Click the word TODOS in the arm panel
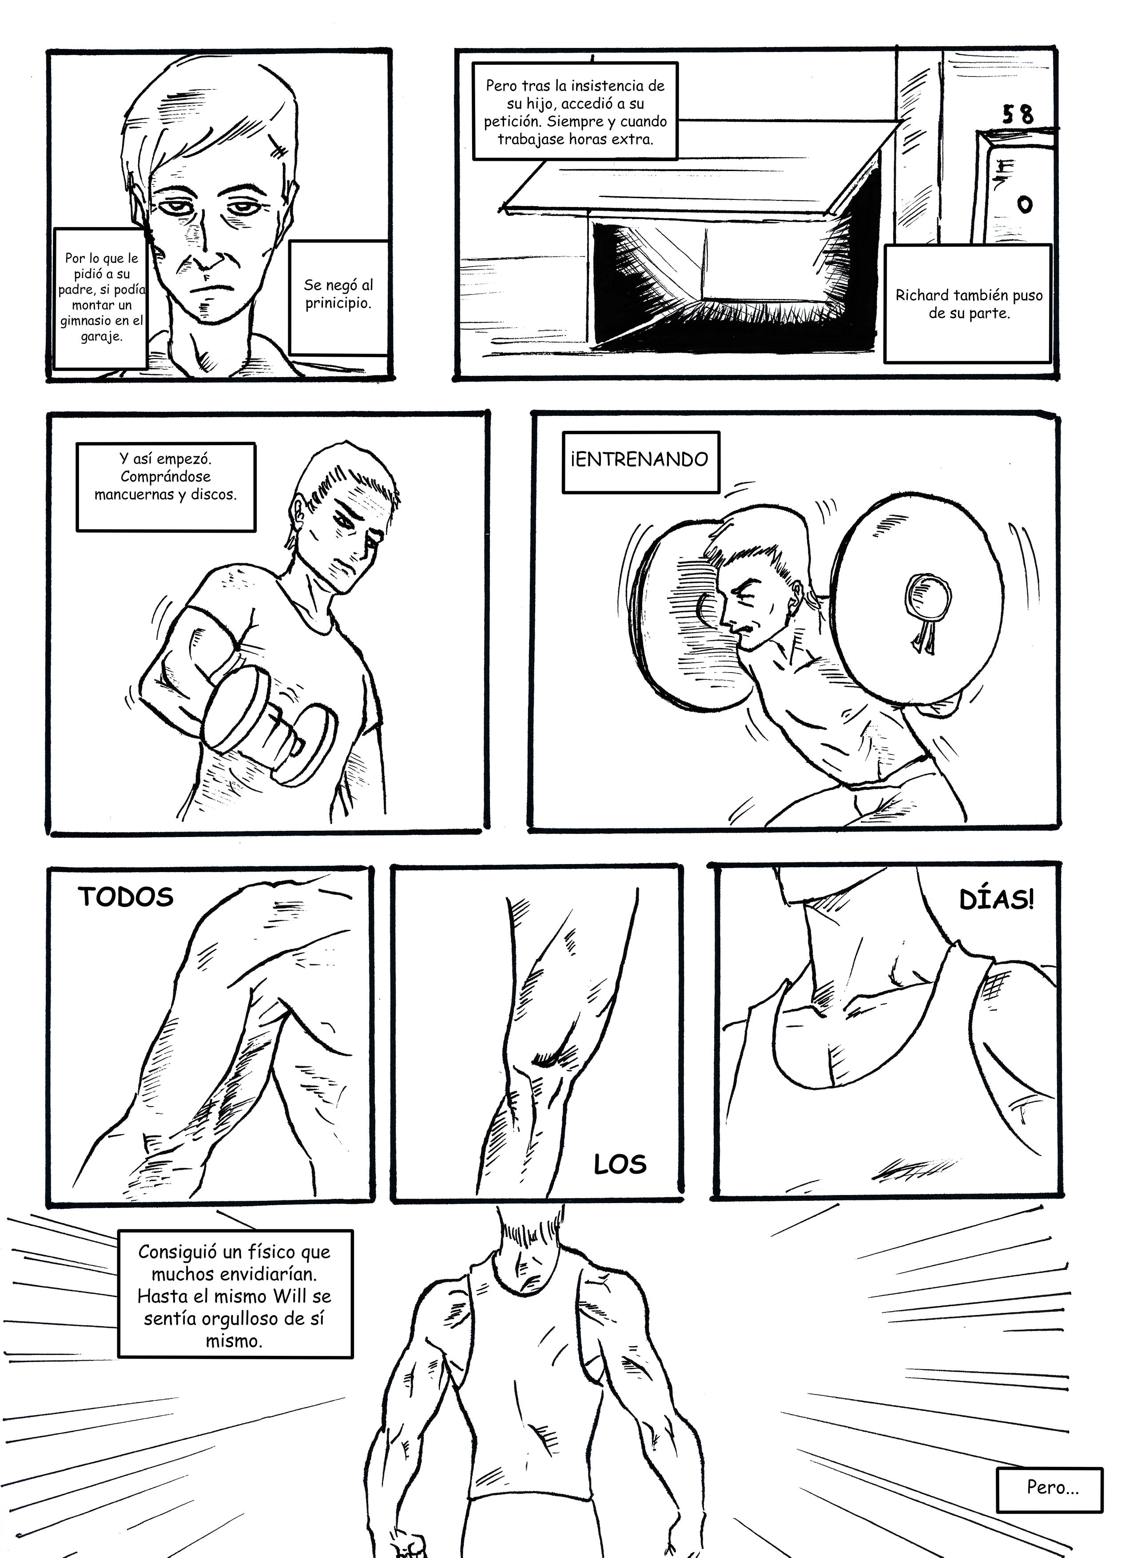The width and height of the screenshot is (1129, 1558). coord(126,897)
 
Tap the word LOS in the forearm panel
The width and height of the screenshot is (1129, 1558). coord(620,1164)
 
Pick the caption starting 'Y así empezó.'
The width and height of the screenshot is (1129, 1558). coord(166,486)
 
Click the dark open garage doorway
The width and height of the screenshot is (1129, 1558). coord(728,282)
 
